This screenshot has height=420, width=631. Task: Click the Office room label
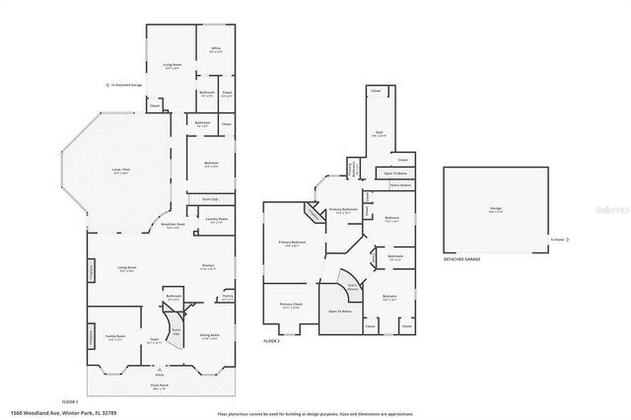click(215, 48)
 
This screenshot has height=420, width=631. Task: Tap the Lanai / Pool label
click(121, 172)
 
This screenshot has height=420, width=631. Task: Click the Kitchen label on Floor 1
click(209, 266)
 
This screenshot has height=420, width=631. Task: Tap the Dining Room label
click(208, 335)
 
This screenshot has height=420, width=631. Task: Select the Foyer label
click(155, 341)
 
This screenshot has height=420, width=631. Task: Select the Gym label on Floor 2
click(380, 134)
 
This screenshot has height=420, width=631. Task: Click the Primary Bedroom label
click(292, 243)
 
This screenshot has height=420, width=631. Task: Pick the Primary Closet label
click(290, 305)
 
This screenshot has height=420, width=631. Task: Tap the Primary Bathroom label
click(342, 210)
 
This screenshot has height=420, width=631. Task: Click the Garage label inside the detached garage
click(496, 208)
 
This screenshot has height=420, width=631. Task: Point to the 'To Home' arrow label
click(558, 240)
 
